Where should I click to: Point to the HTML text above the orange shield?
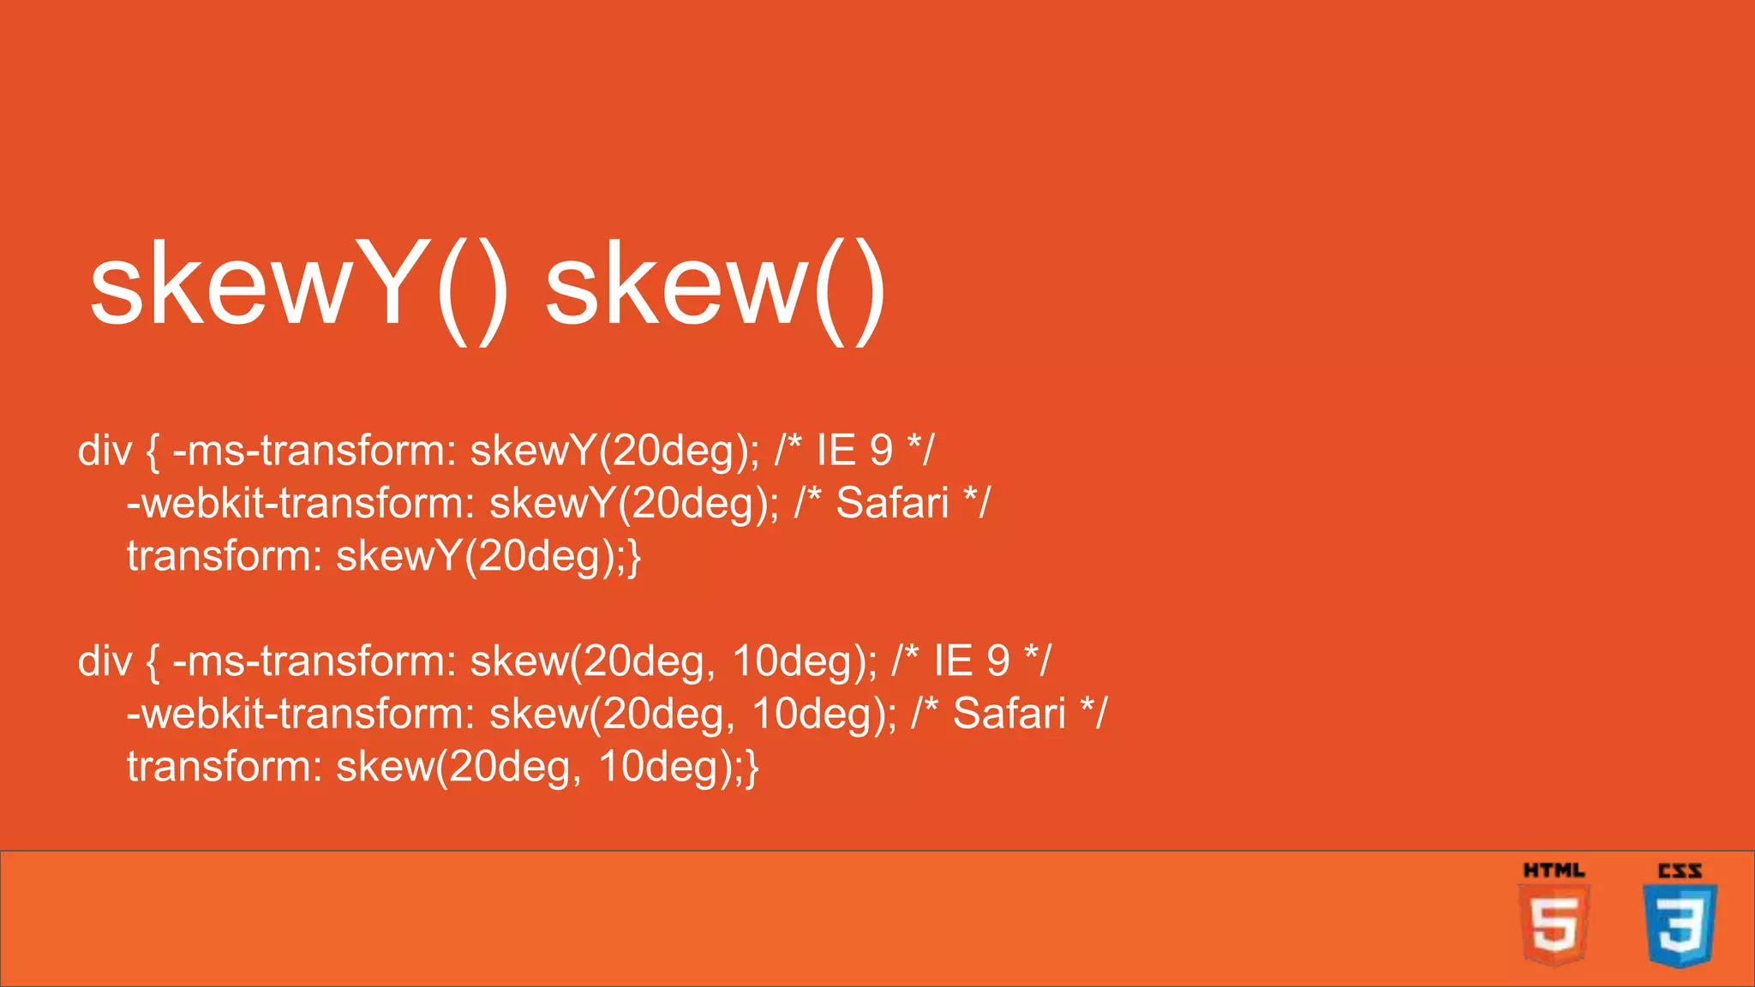click(1554, 870)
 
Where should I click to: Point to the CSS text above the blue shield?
click(1680, 871)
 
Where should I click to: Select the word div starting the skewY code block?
click(105, 451)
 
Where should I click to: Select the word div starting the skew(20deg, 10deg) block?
click(105, 661)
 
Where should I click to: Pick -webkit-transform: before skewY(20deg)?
click(300, 503)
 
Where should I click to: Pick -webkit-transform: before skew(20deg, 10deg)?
click(300, 714)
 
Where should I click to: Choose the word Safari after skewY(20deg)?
click(892, 503)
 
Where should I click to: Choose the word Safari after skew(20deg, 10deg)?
click(1009, 714)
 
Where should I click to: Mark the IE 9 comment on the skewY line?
click(854, 451)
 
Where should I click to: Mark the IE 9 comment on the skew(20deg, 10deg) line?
click(971, 661)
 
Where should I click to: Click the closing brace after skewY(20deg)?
click(634, 557)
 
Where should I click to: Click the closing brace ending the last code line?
click(752, 768)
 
